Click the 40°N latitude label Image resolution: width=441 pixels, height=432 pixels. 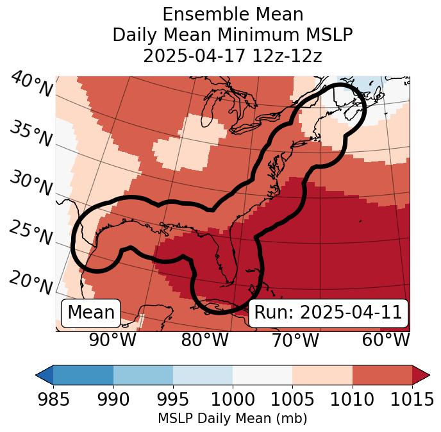[x=31, y=85]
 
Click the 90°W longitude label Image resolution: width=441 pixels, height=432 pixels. [x=112, y=340]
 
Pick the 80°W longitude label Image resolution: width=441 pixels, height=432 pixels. [x=204, y=340]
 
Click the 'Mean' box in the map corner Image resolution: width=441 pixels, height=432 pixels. [x=91, y=313]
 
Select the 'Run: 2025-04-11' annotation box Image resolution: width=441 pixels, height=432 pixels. [x=328, y=313]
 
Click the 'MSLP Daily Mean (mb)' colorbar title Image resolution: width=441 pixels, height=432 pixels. [x=232, y=419]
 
